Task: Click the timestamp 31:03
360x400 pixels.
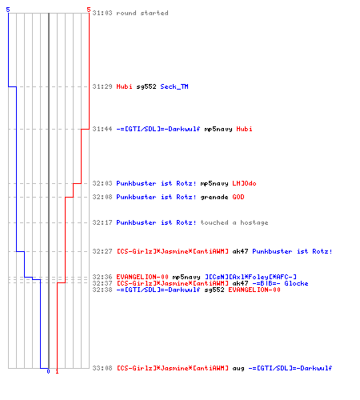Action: (102, 13)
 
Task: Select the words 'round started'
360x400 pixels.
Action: (142, 13)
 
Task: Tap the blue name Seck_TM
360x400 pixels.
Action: (174, 86)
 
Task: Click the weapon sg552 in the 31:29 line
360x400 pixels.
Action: (146, 86)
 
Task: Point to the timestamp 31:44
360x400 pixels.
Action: (102, 129)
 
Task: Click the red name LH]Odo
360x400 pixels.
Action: (244, 183)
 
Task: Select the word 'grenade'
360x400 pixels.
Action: (214, 198)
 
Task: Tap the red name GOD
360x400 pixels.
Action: (238, 197)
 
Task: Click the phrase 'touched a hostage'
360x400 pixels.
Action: (234, 222)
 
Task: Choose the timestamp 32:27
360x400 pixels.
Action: (102, 251)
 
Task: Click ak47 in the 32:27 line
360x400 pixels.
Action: (240, 251)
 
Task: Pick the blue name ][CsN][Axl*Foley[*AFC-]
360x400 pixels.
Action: (250, 277)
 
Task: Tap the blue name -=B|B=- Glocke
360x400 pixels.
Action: (280, 283)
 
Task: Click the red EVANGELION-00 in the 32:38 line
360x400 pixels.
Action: (254, 290)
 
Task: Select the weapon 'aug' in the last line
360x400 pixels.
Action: (238, 369)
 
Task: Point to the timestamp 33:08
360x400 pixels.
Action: (102, 368)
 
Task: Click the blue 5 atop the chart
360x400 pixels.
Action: (8, 10)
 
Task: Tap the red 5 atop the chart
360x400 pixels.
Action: (89, 10)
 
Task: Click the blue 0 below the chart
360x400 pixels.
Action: (48, 371)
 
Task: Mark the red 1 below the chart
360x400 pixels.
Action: (57, 371)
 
